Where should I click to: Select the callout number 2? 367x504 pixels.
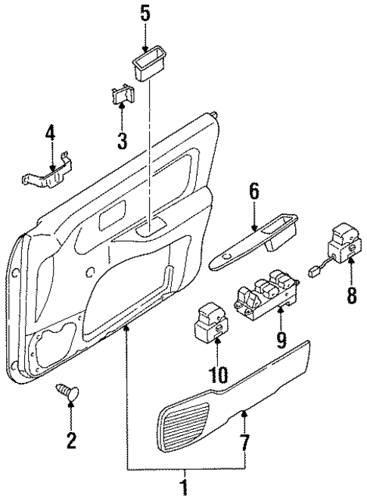coord(70,440)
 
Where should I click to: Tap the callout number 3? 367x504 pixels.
coord(122,139)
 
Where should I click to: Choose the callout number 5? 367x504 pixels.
coord(145,14)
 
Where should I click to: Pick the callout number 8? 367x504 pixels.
coord(350,292)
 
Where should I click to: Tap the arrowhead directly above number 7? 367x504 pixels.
coord(244,413)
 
